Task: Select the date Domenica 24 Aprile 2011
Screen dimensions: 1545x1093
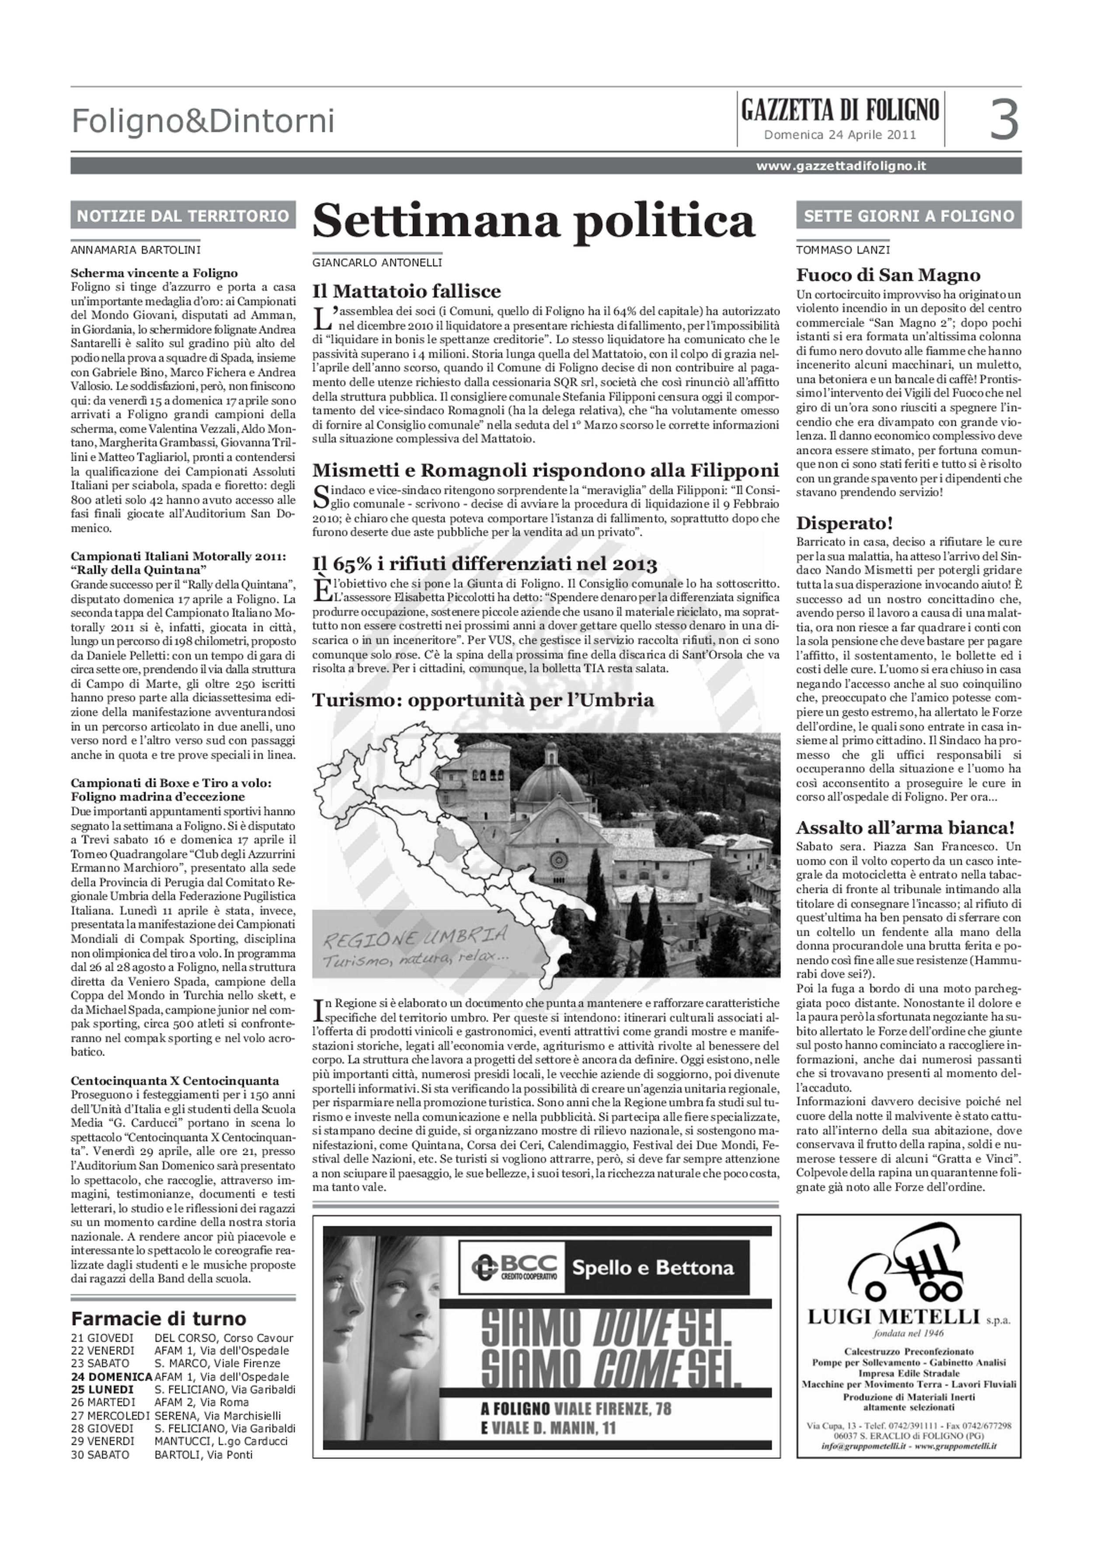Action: (839, 135)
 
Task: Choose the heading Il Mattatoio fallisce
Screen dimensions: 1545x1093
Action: (407, 292)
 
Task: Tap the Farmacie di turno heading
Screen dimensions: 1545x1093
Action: (159, 1318)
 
